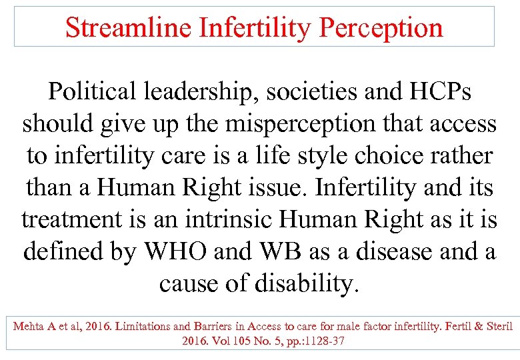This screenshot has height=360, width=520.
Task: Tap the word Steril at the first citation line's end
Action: (498, 327)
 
